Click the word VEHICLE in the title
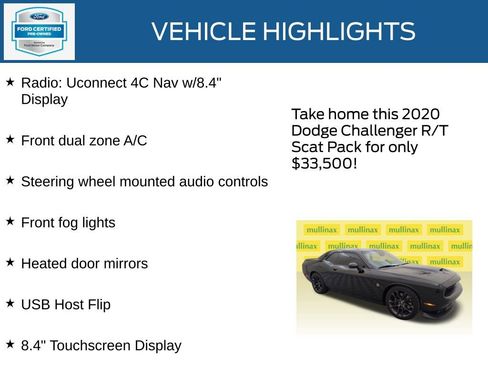(202, 32)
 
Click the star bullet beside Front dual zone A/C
(10, 140)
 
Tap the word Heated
(46, 264)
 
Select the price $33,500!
(324, 163)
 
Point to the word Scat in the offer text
(307, 147)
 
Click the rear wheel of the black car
(318, 283)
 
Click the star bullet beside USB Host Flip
(10, 304)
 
